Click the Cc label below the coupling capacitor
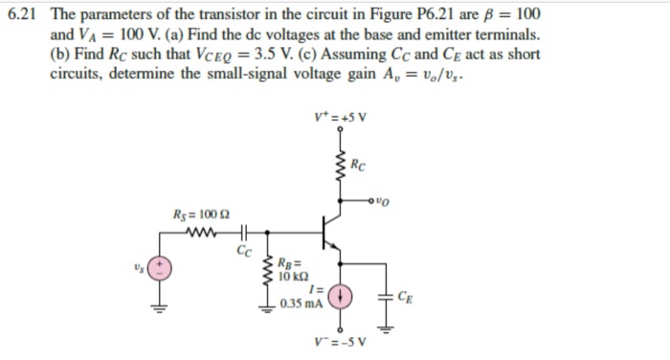click(x=242, y=252)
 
